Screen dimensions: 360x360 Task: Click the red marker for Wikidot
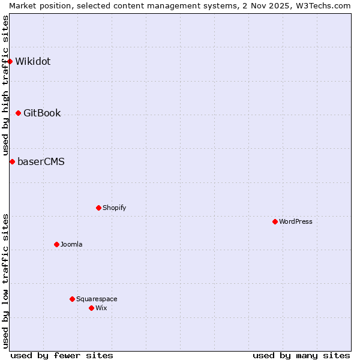[10, 61]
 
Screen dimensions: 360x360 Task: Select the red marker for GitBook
[19, 113]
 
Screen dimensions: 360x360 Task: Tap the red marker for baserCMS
[12, 161]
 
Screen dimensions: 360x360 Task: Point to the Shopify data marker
[98, 208]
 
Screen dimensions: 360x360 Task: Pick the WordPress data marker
[275, 221]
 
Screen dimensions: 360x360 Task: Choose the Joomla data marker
[56, 244]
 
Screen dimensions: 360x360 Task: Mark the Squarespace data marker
[72, 299]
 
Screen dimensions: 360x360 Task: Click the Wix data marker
[91, 308]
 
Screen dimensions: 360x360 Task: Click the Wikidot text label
[33, 61]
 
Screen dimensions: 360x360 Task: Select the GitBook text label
[42, 113]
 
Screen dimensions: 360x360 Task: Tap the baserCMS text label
[41, 161]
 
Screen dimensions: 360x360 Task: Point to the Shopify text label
[114, 208]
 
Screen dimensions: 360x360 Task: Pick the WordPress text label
[296, 221]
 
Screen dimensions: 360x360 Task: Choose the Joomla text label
[71, 244]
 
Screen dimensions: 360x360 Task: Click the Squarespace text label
[97, 299]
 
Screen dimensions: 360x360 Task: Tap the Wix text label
[101, 308]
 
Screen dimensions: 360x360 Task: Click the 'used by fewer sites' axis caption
[62, 355]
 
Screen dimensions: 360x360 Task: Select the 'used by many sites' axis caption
[301, 355]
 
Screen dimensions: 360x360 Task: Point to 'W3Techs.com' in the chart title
[324, 5]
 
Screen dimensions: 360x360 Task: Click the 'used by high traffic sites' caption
[5, 85]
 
